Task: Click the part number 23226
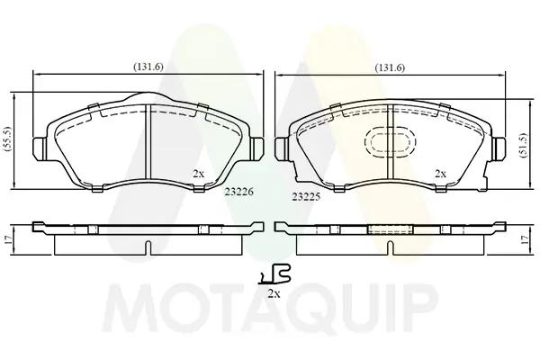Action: [x=239, y=192]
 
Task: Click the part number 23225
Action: [x=306, y=197]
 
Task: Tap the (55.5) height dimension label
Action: [x=8, y=139]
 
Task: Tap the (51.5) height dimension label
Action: [x=524, y=145]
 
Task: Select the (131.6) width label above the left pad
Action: [x=148, y=67]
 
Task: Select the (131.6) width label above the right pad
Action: [x=390, y=67]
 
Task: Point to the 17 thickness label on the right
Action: [x=525, y=239]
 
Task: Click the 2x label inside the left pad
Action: [x=198, y=174]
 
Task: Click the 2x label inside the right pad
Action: [x=440, y=174]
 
